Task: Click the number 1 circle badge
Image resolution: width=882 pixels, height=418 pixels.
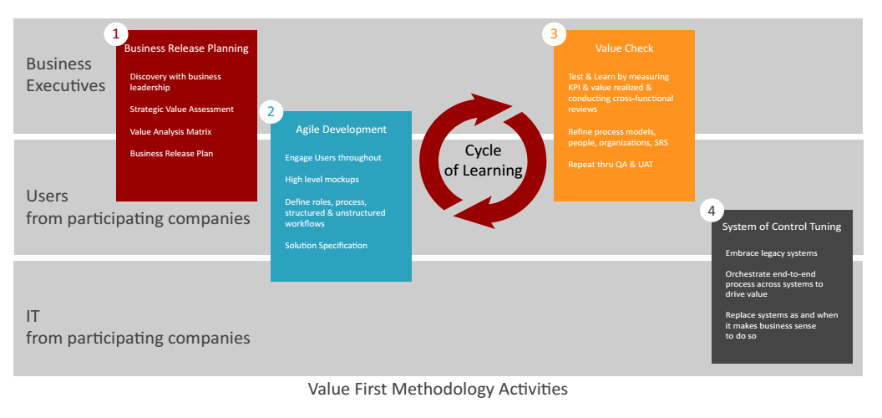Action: pos(116,34)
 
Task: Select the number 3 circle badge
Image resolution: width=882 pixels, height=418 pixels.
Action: pos(553,34)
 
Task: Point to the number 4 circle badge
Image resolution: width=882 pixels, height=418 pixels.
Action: pos(711,211)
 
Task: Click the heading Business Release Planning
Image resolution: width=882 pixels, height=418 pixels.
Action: pos(186,48)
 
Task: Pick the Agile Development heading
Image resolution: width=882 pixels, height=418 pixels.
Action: pos(341,130)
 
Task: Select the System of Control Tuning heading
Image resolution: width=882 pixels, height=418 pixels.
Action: pos(782,227)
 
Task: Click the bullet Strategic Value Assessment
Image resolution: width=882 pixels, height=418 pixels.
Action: pos(181,110)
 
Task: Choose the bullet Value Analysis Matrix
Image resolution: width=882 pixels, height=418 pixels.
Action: pos(170,131)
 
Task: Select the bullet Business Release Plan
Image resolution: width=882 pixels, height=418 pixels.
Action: pos(172,153)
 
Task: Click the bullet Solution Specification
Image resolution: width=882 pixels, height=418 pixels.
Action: pos(326,245)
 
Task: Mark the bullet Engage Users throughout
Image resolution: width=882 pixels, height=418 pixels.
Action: pos(332,157)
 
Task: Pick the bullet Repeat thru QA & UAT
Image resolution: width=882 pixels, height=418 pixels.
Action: pos(611,164)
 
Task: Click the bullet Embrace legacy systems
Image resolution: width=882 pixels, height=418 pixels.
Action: pos(771,253)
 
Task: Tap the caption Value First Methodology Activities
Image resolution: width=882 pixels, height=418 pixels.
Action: pos(438,390)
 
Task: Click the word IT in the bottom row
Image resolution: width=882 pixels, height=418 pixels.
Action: pos(33,317)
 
